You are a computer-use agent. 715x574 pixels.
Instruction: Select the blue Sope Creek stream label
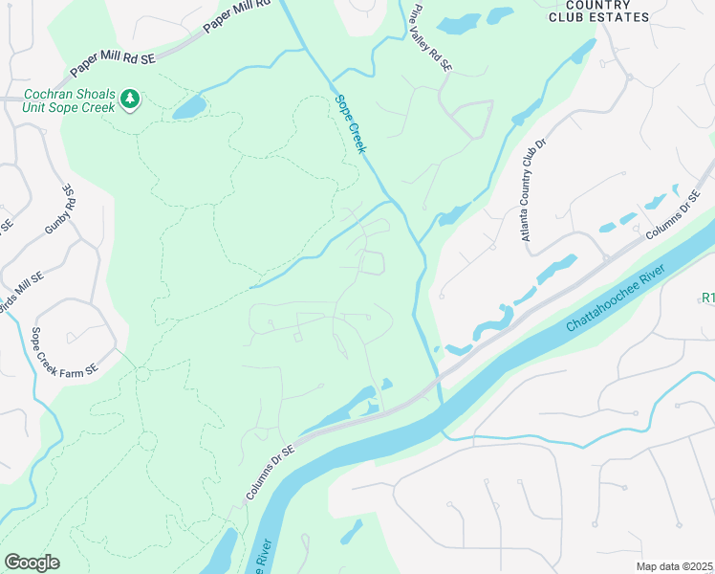(351, 123)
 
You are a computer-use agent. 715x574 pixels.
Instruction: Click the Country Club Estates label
(599, 11)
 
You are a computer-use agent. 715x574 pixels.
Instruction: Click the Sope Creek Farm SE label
(65, 352)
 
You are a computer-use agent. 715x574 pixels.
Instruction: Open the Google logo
(32, 563)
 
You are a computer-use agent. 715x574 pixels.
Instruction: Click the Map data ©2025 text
(675, 566)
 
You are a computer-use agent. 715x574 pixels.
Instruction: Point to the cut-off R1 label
(707, 298)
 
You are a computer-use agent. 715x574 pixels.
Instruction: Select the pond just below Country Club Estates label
(499, 16)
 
